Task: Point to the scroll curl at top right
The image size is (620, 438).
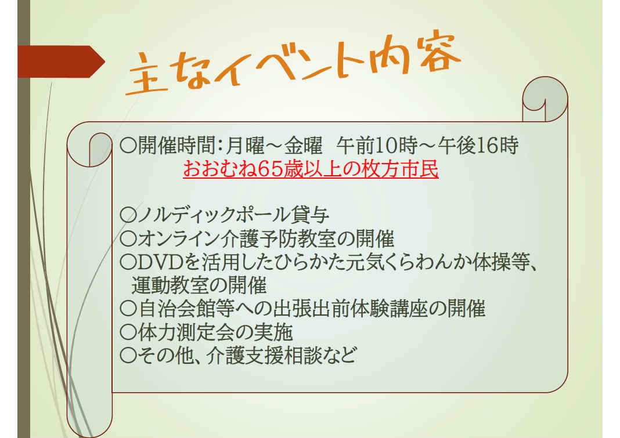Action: point(545,99)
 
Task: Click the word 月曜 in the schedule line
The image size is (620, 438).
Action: point(245,146)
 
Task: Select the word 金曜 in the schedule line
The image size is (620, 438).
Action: point(303,146)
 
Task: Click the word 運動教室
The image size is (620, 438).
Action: point(170,285)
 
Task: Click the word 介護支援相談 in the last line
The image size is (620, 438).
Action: point(264,356)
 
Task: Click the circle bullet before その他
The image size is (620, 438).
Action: point(128,356)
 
